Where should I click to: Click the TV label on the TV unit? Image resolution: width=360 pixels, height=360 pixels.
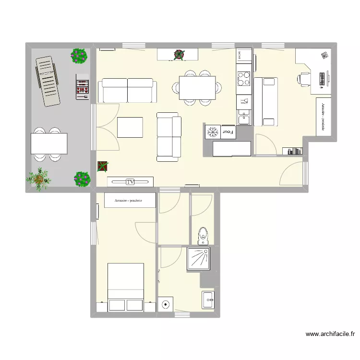click(130, 182)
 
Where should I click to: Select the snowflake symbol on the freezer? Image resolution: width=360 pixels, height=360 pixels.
click(212, 132)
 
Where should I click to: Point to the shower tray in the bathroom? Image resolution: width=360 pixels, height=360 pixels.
click(198, 259)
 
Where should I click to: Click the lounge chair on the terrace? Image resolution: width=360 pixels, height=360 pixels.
click(47, 80)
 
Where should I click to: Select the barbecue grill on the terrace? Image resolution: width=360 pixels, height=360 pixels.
click(82, 87)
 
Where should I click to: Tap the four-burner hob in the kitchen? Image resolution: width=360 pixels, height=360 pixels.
click(244, 77)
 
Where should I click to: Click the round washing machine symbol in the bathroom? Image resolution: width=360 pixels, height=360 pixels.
click(166, 304)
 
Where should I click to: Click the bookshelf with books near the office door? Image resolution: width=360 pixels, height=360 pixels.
click(292, 151)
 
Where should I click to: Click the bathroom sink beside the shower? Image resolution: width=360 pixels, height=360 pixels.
click(208, 300)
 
